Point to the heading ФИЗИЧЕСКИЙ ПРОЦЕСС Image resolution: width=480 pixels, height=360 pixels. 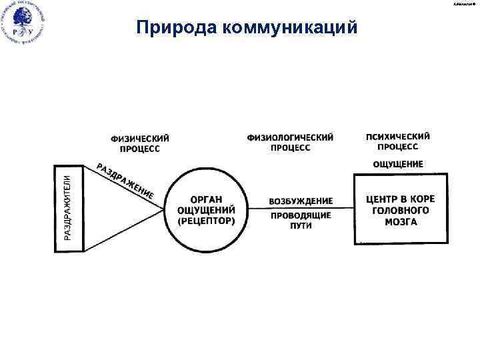pyautogui.click(x=140, y=143)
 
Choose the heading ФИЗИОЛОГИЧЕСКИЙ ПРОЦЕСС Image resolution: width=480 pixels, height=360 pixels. pyautogui.click(x=291, y=143)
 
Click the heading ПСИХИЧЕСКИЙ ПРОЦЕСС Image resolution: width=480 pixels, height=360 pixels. pyautogui.click(x=398, y=141)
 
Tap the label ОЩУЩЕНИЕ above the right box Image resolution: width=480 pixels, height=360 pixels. pyautogui.click(x=397, y=164)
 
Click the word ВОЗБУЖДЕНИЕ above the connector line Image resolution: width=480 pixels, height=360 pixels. pyautogui.click(x=300, y=201)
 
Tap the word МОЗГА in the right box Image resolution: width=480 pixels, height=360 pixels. pyautogui.click(x=401, y=222)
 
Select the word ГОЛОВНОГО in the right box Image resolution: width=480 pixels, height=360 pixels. pyautogui.click(x=401, y=211)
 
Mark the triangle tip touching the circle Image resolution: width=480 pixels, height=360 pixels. pyautogui.click(x=164, y=209)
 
